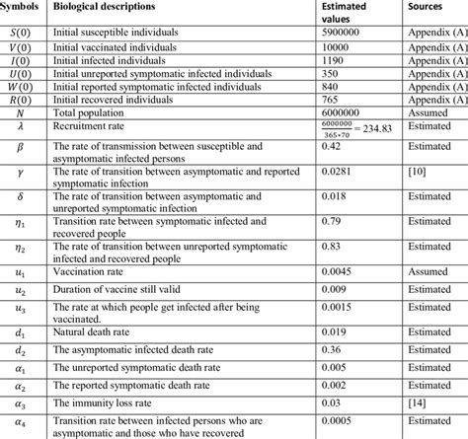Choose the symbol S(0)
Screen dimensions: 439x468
(20, 33)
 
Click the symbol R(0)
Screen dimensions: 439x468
(20, 102)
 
